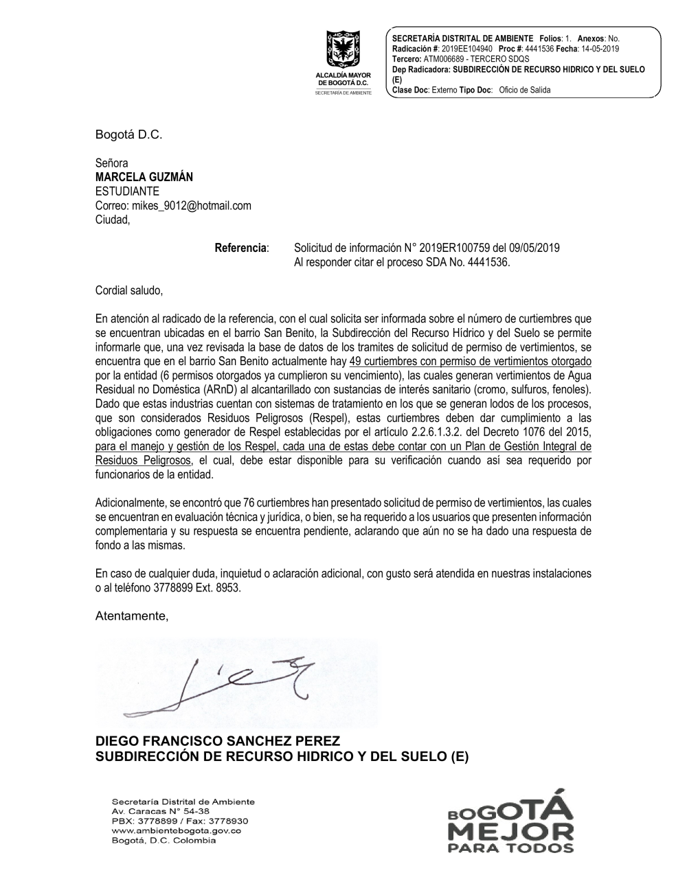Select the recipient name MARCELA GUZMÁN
coord(144,176)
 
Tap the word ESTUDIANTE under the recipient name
coord(127,191)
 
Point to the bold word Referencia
coord(240,248)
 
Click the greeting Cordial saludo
coord(128,290)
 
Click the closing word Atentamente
coord(131,616)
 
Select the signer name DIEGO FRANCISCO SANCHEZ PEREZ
coord(218,742)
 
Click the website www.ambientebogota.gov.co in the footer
coord(176,830)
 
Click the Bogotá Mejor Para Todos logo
coord(510,822)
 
